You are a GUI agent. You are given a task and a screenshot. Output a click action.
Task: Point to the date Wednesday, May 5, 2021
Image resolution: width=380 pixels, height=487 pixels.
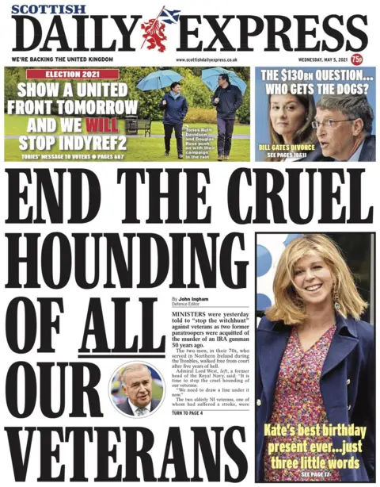(x=320, y=59)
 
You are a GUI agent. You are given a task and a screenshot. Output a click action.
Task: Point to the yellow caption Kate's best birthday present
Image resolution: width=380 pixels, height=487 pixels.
(x=316, y=446)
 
